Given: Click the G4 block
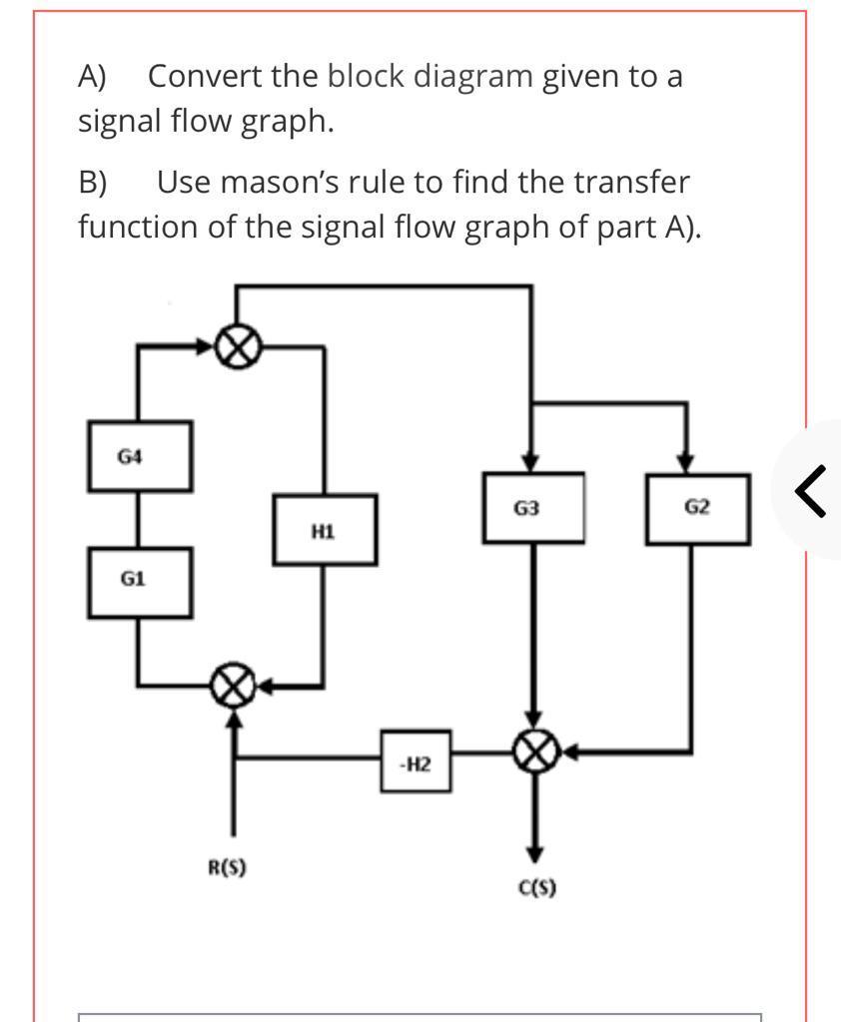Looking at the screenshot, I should tap(139, 456).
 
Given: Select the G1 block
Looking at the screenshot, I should tap(139, 581).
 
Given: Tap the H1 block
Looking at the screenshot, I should tap(325, 530).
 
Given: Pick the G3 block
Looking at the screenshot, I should tap(533, 508).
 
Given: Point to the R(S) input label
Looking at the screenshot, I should tap(227, 867).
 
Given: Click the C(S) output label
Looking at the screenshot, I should tap(537, 887).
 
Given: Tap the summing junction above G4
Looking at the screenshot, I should tap(239, 347).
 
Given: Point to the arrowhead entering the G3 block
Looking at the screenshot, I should tap(531, 463).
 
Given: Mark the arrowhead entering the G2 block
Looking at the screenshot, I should tap(685, 463).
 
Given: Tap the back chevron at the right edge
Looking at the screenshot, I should tap(811, 491).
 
